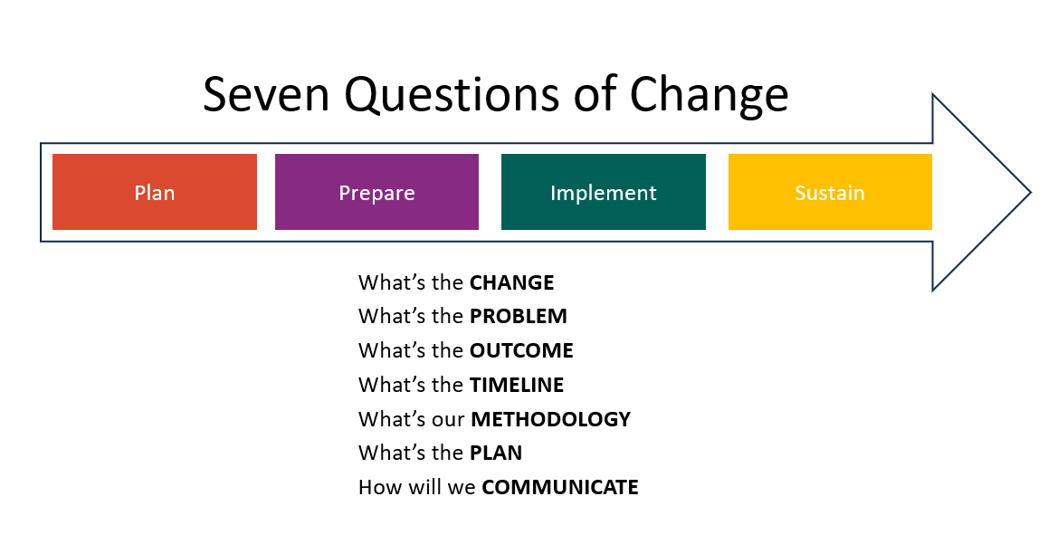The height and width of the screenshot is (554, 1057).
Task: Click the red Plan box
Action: click(155, 192)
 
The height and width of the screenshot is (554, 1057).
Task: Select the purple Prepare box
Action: click(376, 192)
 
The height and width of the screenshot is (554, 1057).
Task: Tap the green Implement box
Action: click(604, 192)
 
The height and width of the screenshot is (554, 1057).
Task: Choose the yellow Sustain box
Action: click(830, 192)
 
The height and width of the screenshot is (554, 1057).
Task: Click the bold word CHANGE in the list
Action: click(511, 282)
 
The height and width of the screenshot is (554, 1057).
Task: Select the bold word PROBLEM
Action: click(518, 317)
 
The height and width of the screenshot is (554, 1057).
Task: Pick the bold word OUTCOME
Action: click(521, 351)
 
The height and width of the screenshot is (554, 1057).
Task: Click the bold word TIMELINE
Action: click(516, 386)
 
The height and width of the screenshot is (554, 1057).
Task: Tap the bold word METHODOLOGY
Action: click(550, 420)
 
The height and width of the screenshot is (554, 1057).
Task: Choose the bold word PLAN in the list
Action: click(495, 454)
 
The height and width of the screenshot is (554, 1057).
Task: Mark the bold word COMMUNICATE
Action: click(559, 488)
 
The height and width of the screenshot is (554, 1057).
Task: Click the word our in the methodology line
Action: click(449, 420)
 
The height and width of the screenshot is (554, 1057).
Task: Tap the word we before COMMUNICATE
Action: click(462, 488)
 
